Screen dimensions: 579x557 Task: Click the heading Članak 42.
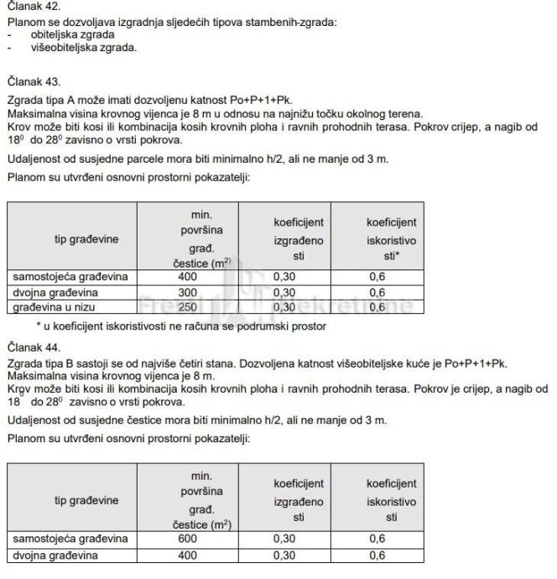tap(29, 6)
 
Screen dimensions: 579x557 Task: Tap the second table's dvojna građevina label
tap(57, 556)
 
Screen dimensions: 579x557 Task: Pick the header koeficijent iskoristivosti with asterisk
tap(392, 239)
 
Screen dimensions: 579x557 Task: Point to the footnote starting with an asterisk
tap(168, 326)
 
